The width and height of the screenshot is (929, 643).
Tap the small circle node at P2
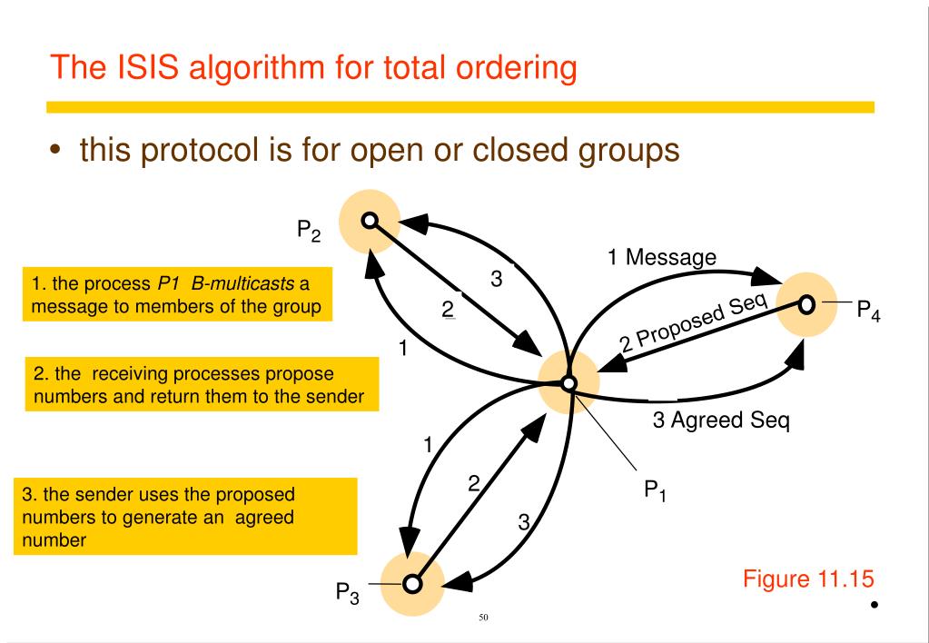(369, 220)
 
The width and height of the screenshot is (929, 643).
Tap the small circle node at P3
(412, 583)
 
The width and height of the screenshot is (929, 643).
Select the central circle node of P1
(568, 383)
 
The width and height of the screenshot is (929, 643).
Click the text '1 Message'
(662, 258)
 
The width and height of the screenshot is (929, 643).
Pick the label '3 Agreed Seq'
(721, 421)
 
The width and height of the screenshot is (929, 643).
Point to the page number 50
(483, 618)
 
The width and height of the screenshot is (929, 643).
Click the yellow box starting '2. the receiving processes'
(201, 385)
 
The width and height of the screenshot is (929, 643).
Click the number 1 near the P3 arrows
(427, 445)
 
